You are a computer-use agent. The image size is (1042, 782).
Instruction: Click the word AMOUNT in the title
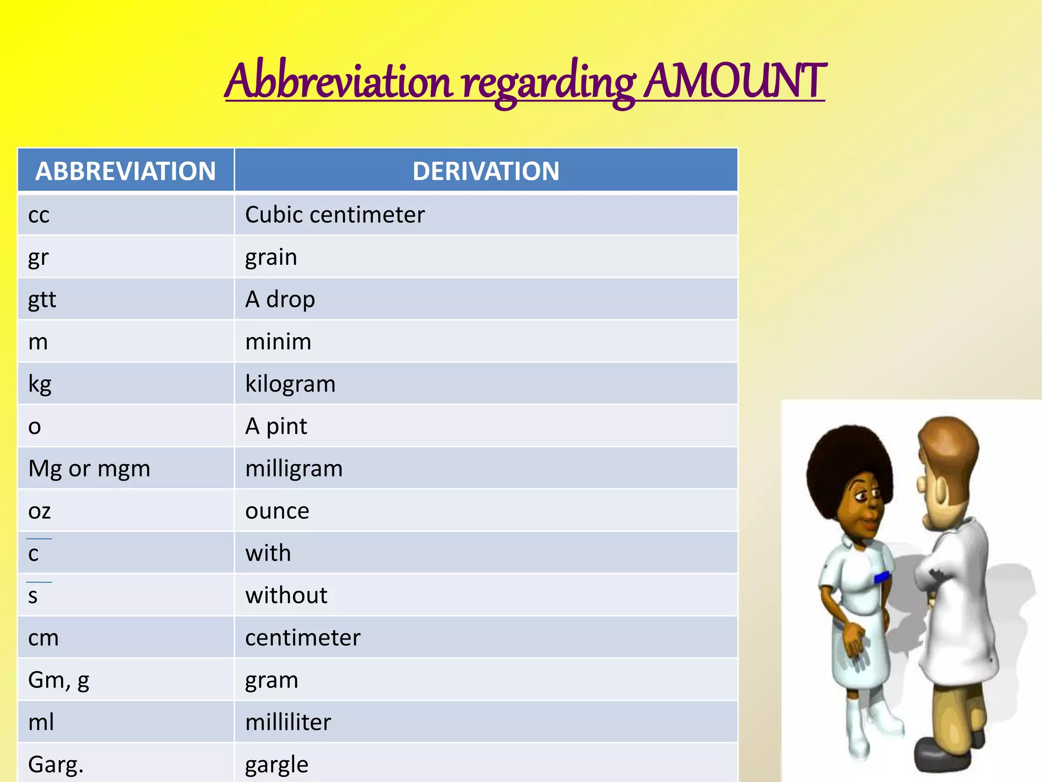pyautogui.click(x=734, y=81)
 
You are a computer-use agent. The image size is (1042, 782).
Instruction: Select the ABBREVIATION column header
pyautogui.click(x=126, y=171)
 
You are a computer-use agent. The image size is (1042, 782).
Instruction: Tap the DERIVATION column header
pyautogui.click(x=486, y=171)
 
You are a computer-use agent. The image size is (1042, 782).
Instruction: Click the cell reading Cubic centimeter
pyautogui.click(x=335, y=215)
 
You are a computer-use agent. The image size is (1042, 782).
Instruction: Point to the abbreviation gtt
pyautogui.click(x=42, y=300)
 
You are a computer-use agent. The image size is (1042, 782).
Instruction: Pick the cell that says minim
pyautogui.click(x=278, y=342)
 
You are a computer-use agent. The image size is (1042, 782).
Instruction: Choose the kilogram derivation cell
pyautogui.click(x=290, y=384)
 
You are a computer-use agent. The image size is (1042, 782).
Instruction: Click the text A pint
pyautogui.click(x=276, y=427)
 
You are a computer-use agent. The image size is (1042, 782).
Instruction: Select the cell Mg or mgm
pyautogui.click(x=89, y=469)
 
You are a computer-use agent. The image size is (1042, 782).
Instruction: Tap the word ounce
pyautogui.click(x=277, y=511)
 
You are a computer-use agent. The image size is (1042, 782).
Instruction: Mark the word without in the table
pyautogui.click(x=286, y=596)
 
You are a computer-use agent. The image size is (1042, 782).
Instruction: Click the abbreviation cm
pyautogui.click(x=43, y=638)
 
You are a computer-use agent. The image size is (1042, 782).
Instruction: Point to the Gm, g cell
pyautogui.click(x=59, y=680)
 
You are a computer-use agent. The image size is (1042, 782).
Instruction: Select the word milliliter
pyautogui.click(x=288, y=722)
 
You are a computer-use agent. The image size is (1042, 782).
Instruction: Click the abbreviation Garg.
pyautogui.click(x=55, y=765)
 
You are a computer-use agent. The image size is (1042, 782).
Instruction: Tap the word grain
pyautogui.click(x=271, y=257)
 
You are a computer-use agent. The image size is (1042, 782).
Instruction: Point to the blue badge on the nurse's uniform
pyautogui.click(x=881, y=577)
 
